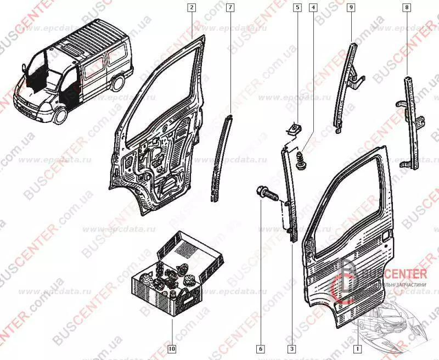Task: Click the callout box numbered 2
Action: click(191, 8)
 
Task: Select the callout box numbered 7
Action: click(229, 8)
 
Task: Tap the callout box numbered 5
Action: click(297, 8)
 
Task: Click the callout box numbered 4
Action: click(313, 8)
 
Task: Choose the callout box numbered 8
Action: click(407, 8)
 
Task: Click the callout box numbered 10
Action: click(171, 348)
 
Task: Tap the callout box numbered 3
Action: click(292, 348)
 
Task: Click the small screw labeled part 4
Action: click(300, 161)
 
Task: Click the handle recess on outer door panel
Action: click(387, 236)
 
